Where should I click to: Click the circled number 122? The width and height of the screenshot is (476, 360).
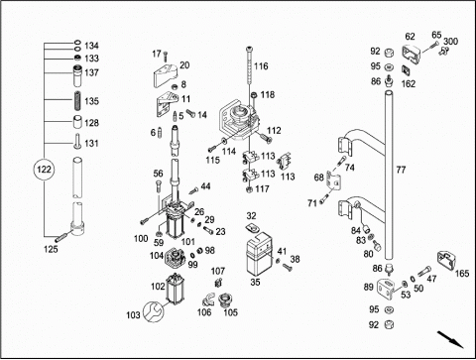[44, 170]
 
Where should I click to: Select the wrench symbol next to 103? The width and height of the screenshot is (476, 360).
[153, 311]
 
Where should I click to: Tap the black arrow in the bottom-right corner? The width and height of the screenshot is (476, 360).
[450, 339]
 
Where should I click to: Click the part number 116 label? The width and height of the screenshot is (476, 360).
[261, 66]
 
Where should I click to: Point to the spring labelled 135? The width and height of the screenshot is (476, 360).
[77, 101]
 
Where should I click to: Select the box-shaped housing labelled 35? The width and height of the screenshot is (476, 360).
[258, 254]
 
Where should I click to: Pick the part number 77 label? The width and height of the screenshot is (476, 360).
[401, 170]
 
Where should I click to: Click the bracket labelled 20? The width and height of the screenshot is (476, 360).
[166, 74]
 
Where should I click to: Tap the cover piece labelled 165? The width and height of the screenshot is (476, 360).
[447, 260]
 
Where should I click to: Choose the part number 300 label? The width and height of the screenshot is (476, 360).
[450, 42]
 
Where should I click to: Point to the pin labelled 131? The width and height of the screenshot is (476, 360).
[77, 141]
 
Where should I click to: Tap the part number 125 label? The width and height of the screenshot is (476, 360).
[51, 249]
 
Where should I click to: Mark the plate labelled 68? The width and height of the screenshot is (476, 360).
[333, 180]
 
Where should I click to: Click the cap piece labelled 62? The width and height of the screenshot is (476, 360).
[411, 55]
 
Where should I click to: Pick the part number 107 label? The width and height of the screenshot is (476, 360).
[218, 272]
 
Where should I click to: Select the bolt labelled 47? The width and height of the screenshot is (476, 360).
[423, 272]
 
